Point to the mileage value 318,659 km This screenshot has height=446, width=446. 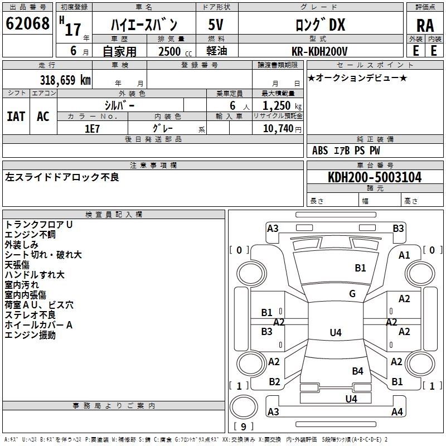65,80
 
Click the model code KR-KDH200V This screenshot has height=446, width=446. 319,51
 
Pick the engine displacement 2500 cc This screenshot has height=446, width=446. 171,51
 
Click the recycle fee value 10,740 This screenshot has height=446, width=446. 277,128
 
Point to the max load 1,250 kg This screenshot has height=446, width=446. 278,105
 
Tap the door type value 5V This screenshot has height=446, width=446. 216,26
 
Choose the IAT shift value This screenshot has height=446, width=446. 16,116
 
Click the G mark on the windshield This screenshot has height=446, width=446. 352,294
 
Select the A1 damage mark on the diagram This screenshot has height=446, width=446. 404,255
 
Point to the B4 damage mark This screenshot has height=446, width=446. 357,371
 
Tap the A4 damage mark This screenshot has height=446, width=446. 397,412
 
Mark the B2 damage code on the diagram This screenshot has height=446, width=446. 274,382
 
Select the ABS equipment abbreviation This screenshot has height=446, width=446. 320,151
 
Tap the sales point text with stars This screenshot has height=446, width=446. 357,77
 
